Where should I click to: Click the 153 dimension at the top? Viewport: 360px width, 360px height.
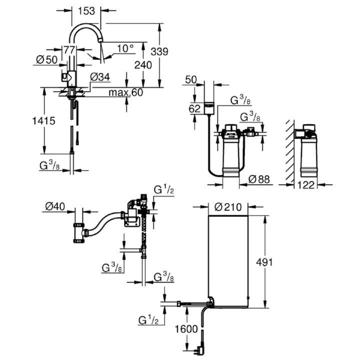coord(86,11)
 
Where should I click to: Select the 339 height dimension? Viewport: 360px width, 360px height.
coord(159,51)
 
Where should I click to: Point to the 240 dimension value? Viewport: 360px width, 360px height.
coord(143,65)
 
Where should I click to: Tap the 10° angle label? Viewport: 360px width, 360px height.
coord(125,48)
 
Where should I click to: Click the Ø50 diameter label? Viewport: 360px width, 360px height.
coord(47,60)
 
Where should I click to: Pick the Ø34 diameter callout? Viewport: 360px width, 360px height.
coord(100,77)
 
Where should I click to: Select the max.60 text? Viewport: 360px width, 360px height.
coord(125,92)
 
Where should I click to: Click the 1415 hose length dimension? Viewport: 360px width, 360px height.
coord(43,121)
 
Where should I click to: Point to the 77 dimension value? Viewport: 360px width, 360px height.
coord(69,50)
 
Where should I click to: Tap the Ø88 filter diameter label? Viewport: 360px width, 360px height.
coord(259,179)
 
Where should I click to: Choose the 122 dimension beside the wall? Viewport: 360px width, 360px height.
coord(306,184)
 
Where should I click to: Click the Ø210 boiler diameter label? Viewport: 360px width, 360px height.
coord(228,207)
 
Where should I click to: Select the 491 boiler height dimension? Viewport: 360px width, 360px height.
coord(264,262)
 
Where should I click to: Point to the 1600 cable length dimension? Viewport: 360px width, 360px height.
coord(186,329)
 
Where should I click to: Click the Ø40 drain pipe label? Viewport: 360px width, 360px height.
coord(55,206)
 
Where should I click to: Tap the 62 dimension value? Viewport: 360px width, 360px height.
coord(194,109)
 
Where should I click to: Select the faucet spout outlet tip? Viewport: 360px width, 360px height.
coord(100,40)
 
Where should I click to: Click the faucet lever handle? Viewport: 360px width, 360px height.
coord(64,77)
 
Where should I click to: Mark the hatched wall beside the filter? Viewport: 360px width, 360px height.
coord(290,151)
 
